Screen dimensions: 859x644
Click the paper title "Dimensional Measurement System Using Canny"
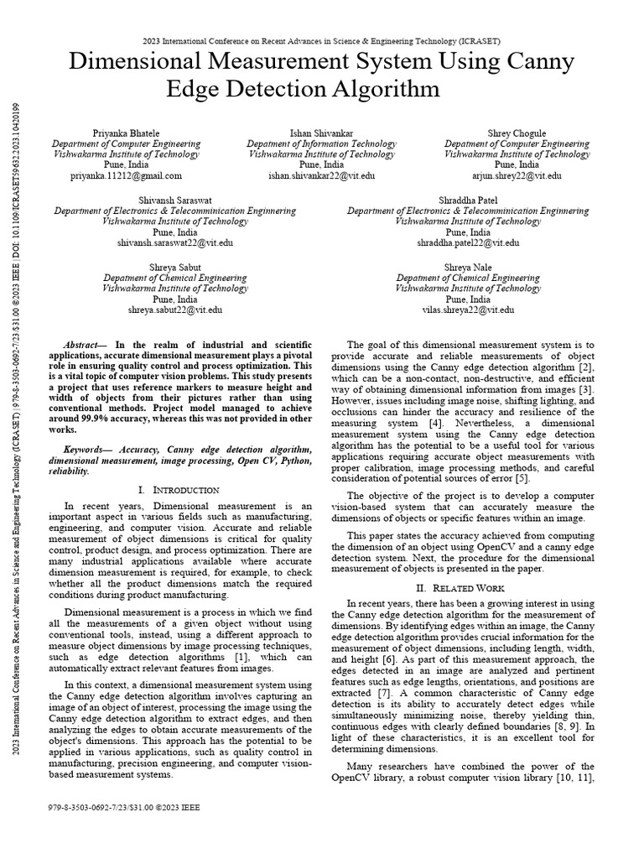coord(322,62)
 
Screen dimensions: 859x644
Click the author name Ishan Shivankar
coord(321,133)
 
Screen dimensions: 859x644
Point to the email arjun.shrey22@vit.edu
coord(517,176)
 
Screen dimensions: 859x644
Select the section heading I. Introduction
coord(178,489)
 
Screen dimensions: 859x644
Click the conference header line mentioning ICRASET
coord(322,39)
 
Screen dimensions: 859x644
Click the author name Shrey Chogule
coord(517,133)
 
